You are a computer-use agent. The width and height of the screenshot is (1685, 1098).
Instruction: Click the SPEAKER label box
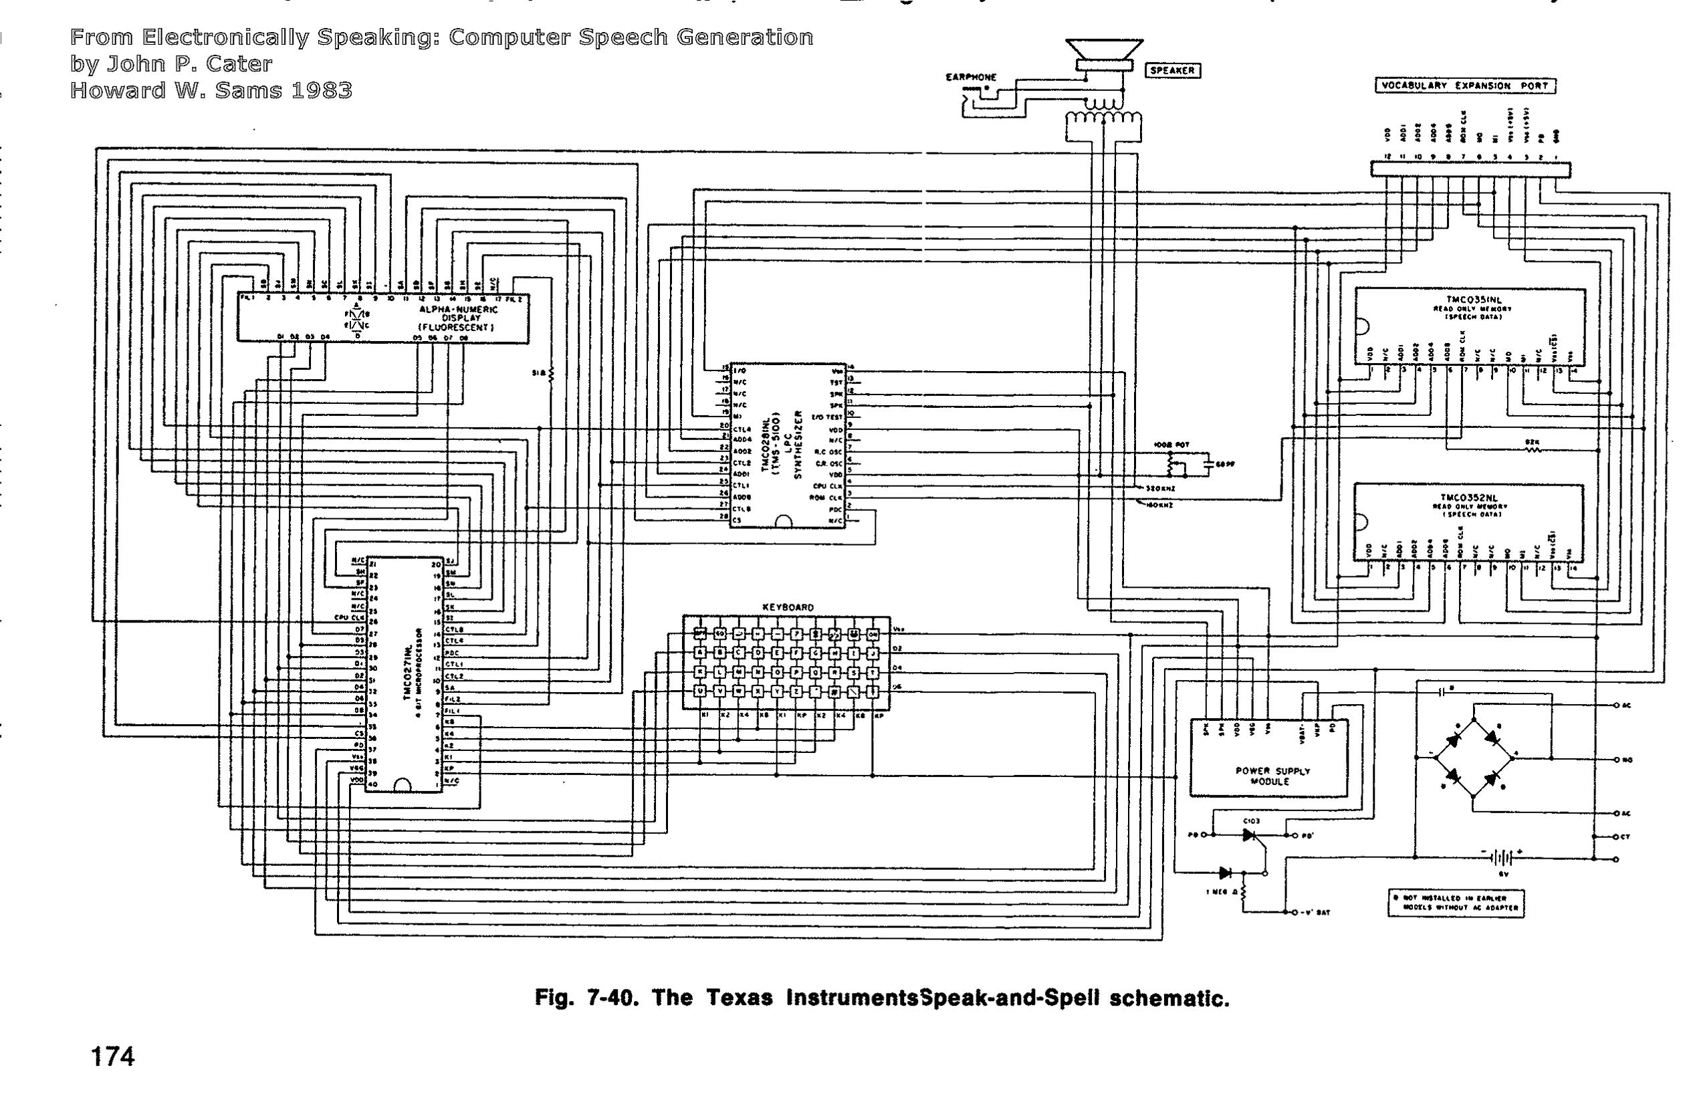[1171, 70]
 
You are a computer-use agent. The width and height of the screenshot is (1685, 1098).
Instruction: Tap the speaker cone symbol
[1104, 51]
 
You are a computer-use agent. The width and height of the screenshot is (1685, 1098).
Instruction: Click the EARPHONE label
[971, 77]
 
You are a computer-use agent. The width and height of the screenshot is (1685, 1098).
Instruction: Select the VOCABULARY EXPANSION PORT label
[1465, 86]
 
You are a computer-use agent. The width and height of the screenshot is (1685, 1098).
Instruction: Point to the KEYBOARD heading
[787, 607]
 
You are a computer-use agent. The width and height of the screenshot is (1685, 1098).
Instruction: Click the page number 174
[112, 1057]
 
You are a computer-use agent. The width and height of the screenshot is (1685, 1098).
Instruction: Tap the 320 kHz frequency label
[1159, 488]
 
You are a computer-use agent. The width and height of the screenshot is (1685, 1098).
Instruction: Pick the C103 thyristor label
[1252, 821]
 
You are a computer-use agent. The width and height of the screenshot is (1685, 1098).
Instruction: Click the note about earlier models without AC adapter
[1456, 903]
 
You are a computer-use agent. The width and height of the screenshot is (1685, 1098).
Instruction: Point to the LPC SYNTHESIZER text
[797, 445]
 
